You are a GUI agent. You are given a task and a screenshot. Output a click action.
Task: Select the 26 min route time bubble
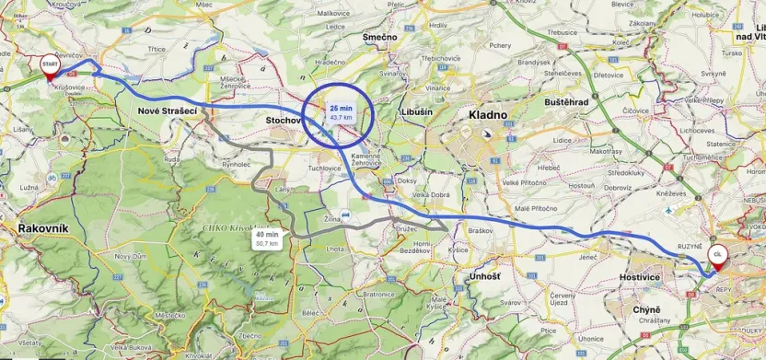(x=341, y=112)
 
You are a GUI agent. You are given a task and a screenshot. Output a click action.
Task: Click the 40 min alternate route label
(x=267, y=238)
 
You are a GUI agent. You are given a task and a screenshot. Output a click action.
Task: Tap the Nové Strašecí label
(x=167, y=110)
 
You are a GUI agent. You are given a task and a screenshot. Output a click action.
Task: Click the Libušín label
(x=417, y=110)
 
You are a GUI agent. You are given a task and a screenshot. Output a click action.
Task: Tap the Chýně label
(x=648, y=310)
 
